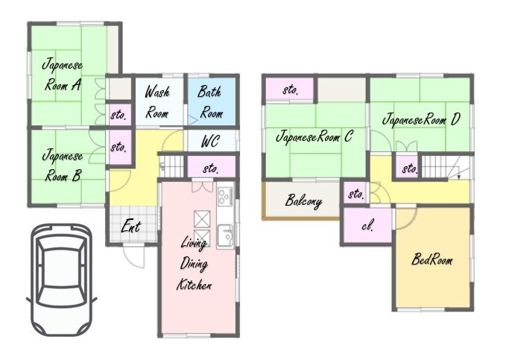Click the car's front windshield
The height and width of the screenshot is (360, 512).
coord(62,244)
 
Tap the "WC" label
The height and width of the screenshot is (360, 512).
coord(210,142)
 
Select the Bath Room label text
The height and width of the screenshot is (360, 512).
coord(211,102)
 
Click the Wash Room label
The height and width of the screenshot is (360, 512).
coord(157,102)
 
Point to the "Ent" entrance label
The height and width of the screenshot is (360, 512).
coord(131,226)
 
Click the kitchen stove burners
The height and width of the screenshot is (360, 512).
coord(225,196)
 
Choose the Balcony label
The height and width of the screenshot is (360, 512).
coord(303,201)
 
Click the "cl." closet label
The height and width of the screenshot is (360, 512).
coord(367,226)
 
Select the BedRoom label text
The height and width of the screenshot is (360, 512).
coord(432,259)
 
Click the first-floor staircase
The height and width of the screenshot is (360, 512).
coord(171,166)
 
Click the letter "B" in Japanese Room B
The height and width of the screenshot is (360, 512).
coord(76,177)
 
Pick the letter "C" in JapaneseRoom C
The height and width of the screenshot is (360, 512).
coord(348,136)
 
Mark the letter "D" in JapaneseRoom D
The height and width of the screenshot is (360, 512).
coord(455,119)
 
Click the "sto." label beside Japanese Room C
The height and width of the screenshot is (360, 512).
coord(291,89)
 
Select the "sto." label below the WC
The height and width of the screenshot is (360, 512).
coord(210,168)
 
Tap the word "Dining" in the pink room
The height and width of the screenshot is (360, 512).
coord(194,264)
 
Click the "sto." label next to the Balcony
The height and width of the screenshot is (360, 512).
coord(356,194)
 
